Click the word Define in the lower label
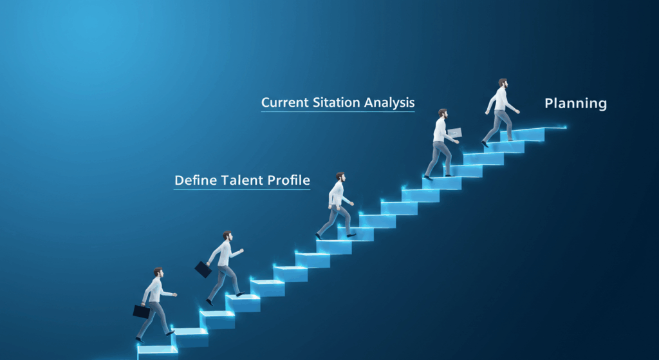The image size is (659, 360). [x=195, y=180]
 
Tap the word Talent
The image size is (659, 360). [x=242, y=180]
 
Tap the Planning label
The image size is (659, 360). [x=575, y=104]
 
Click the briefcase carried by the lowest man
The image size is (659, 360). [x=142, y=312]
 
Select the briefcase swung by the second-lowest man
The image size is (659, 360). [x=203, y=269]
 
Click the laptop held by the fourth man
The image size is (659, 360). [x=454, y=133]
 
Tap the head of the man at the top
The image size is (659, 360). [x=503, y=83]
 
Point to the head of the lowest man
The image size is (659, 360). [x=158, y=272]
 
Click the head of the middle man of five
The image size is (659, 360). [x=340, y=176]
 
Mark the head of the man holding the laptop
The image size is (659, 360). [x=443, y=113]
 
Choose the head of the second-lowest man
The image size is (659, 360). [x=227, y=236]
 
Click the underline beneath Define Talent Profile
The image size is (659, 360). [x=242, y=189]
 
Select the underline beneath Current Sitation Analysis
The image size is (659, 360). [x=338, y=111]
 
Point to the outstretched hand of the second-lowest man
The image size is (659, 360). [x=241, y=251]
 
